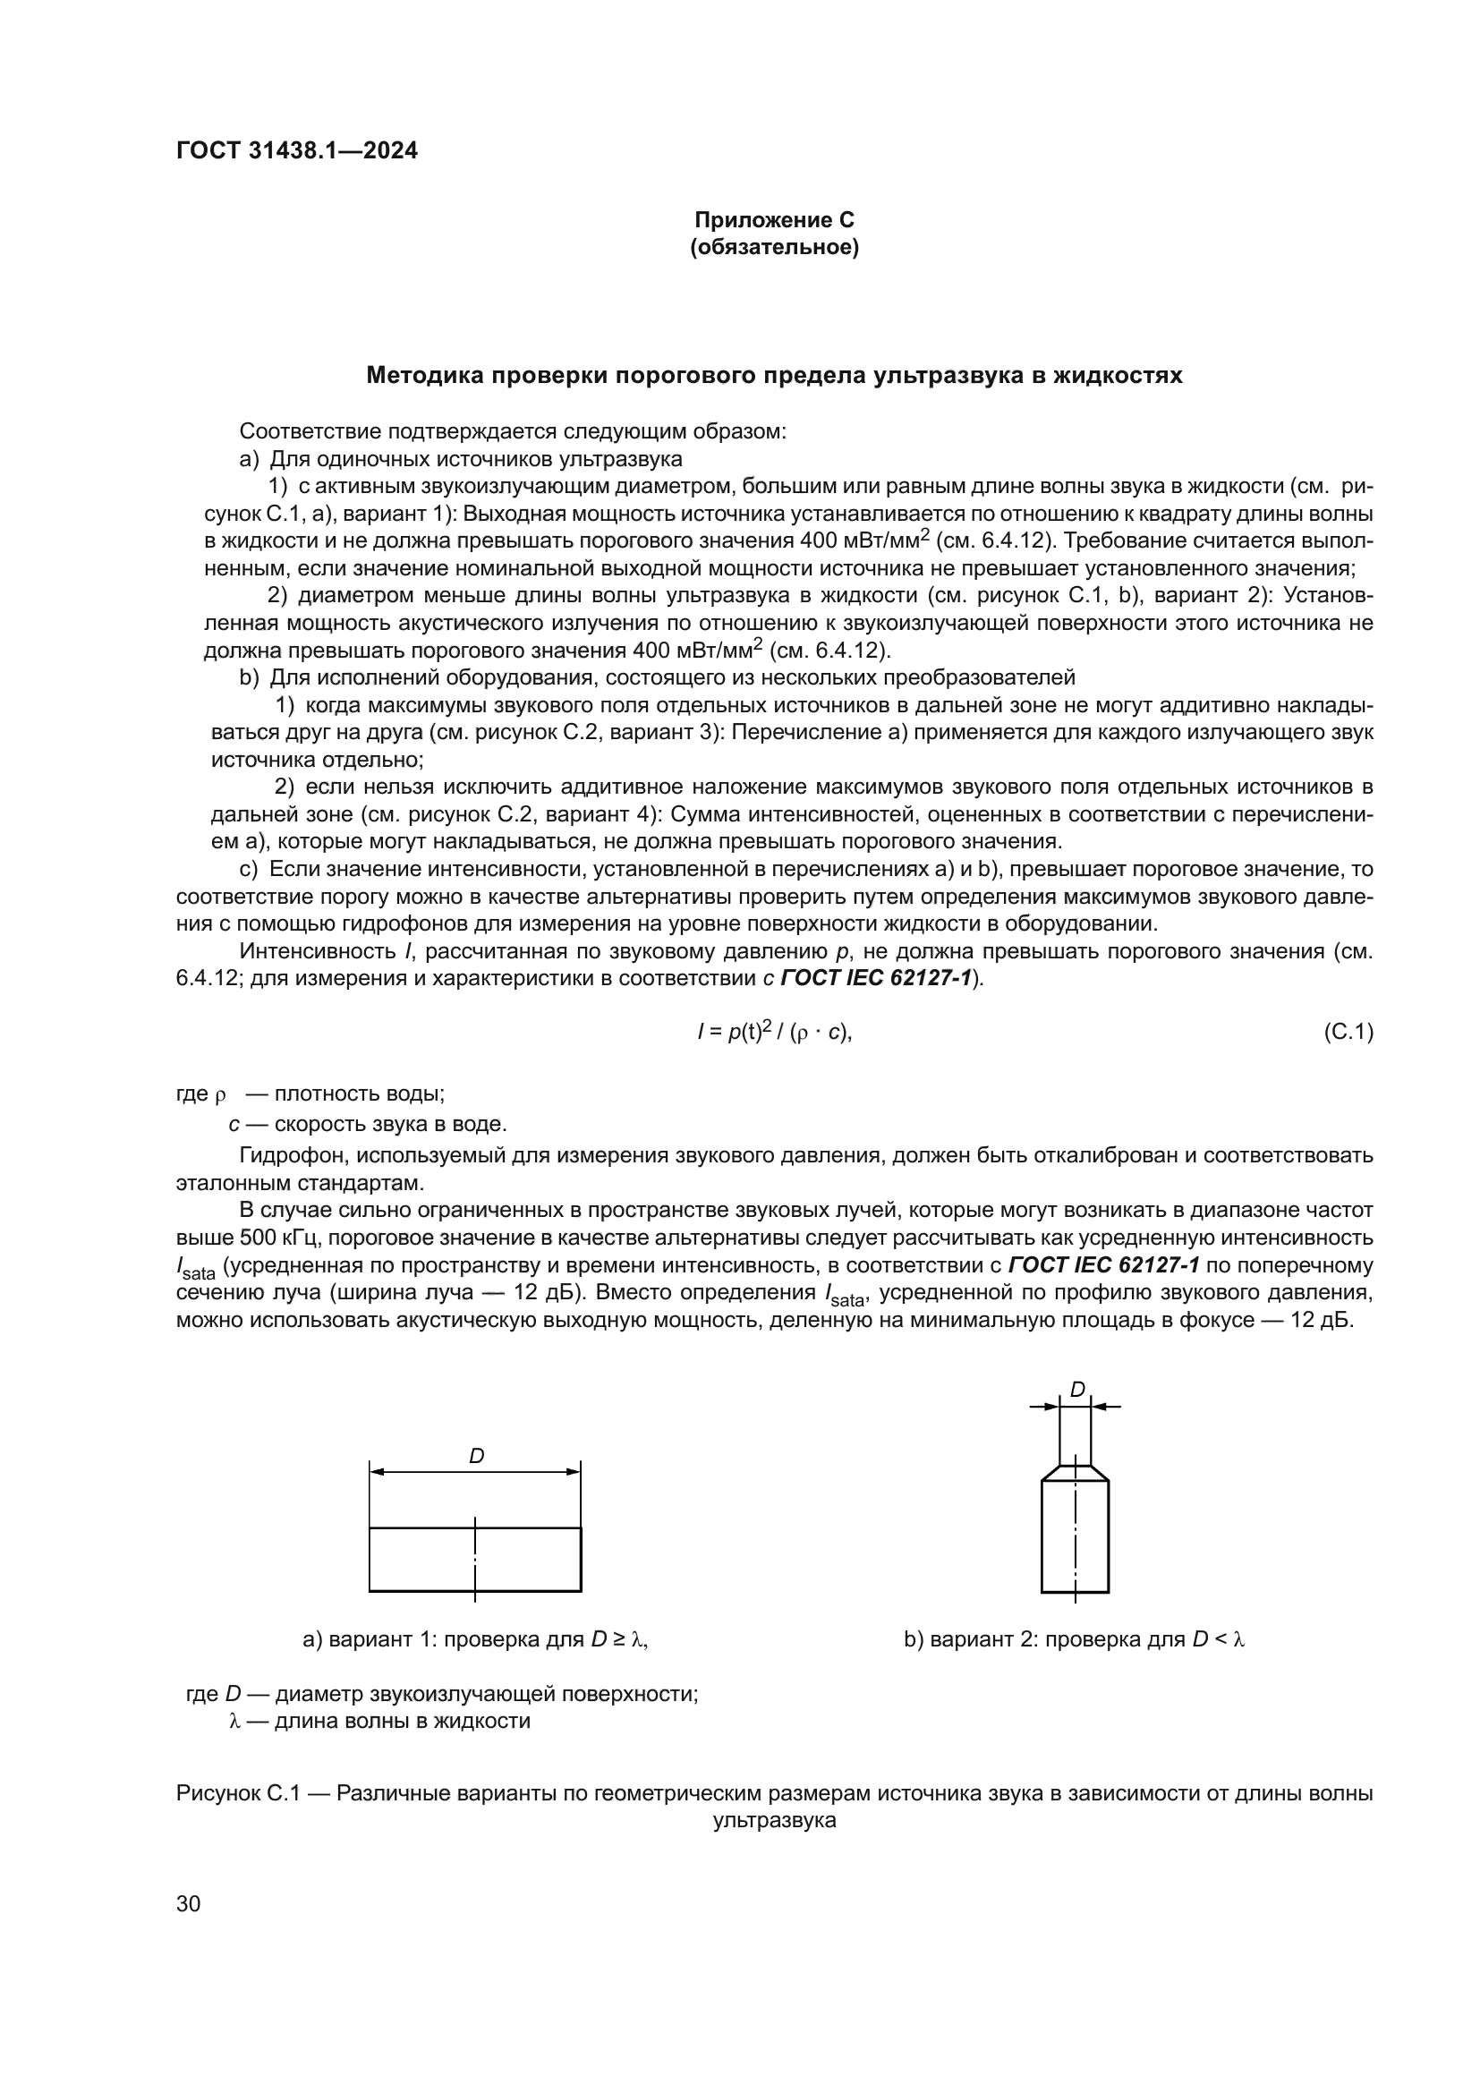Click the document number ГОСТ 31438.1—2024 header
(x=297, y=151)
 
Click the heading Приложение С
(x=774, y=220)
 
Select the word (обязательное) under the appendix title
(x=774, y=247)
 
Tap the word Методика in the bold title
(x=424, y=376)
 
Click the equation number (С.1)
(x=1347, y=1032)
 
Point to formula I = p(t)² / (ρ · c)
(x=774, y=1032)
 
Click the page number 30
(x=189, y=1903)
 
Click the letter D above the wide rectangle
(x=476, y=1457)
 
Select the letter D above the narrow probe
(x=1077, y=1390)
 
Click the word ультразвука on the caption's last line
(x=774, y=1820)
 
